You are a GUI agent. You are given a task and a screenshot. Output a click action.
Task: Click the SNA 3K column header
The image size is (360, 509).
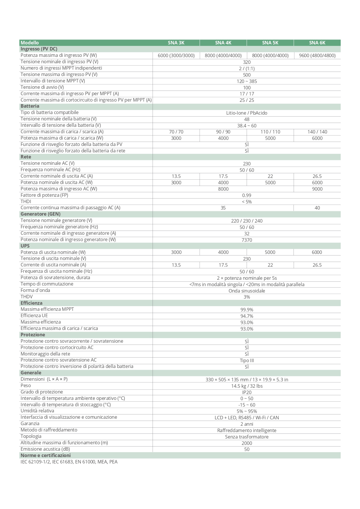coord(176,43)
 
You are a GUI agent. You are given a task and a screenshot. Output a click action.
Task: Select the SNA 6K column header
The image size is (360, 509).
coord(317,43)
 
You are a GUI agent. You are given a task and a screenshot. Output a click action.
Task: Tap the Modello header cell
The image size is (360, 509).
coord(30,43)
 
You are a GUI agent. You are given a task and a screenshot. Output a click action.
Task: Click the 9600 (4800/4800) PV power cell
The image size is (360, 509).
coord(317,55)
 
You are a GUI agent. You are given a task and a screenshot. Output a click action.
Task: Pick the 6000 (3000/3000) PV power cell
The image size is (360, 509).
coord(176,55)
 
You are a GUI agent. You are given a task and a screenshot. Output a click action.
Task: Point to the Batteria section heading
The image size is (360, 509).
coord(30,106)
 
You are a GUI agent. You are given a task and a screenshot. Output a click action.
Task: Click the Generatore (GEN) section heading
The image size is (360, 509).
coord(41,214)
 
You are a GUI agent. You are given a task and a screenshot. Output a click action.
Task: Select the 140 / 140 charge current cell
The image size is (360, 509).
coord(317,132)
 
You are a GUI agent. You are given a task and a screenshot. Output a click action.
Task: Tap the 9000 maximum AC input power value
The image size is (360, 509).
coord(317,189)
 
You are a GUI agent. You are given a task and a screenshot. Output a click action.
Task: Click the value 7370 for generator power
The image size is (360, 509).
coord(247,240)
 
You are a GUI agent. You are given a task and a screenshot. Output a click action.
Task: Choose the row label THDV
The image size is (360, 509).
coord(27,297)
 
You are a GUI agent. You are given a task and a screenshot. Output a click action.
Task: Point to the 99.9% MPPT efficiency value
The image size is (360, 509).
coord(247,310)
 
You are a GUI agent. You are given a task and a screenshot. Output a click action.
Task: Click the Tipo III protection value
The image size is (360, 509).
coord(247,360)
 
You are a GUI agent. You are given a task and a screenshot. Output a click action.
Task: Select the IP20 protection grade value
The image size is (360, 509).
coord(247,392)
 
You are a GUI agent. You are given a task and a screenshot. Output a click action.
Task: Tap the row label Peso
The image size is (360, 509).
coord(26,386)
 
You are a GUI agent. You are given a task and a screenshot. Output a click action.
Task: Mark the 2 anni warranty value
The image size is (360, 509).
coord(247,424)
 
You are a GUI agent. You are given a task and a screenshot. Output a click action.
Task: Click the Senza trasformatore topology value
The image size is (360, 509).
coord(247,437)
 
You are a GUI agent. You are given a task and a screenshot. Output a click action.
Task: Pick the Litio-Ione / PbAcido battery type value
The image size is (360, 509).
coord(247,113)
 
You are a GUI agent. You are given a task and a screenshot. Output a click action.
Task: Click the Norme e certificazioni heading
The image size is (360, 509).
coord(46,456)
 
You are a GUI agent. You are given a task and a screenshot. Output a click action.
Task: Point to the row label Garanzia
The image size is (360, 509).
coord(30,424)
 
